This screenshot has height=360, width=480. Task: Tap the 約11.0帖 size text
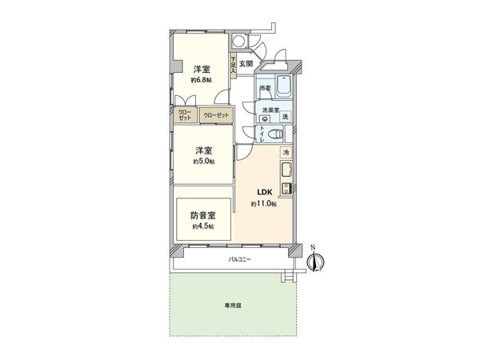click(264, 205)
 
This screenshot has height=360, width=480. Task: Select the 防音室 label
click(202, 215)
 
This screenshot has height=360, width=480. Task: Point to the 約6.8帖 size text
click(201, 80)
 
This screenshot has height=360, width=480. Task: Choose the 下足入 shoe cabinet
click(233, 65)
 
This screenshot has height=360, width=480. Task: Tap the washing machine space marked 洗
click(285, 118)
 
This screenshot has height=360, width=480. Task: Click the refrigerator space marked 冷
click(286, 153)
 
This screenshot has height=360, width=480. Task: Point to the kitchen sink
click(286, 170)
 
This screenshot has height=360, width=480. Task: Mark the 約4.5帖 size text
click(202, 227)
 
